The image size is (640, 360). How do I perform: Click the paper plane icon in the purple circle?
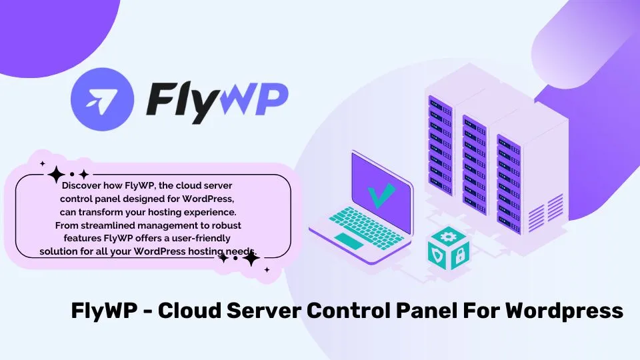[101, 99]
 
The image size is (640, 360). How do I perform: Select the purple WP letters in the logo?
[252, 99]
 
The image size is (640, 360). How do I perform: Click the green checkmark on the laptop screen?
[381, 195]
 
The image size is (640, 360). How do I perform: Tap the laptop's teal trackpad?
[349, 241]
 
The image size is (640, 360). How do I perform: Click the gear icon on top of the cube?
[449, 236]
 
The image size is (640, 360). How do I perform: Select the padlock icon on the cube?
[460, 256]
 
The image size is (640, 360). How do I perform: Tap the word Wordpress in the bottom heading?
[565, 311]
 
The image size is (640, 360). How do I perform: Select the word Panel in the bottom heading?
[427, 310]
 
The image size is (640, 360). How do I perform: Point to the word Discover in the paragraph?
[81, 186]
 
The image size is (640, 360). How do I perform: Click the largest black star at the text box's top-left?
[56, 175]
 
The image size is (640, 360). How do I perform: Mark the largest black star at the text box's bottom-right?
[251, 258]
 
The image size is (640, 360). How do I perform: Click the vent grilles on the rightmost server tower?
[546, 213]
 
